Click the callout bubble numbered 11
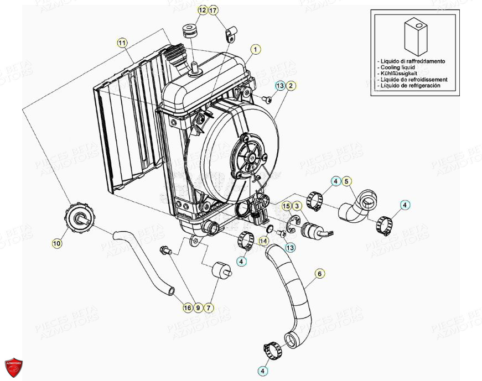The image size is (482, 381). (122, 43)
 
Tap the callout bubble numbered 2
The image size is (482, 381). (291, 86)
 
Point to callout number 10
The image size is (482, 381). (58, 243)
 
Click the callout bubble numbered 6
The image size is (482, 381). (319, 273)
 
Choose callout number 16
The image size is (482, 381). (188, 307)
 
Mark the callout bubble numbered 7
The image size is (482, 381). (209, 307)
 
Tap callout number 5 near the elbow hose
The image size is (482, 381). (346, 181)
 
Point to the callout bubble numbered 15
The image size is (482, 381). (287, 206)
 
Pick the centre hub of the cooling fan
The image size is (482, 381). (251, 157)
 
